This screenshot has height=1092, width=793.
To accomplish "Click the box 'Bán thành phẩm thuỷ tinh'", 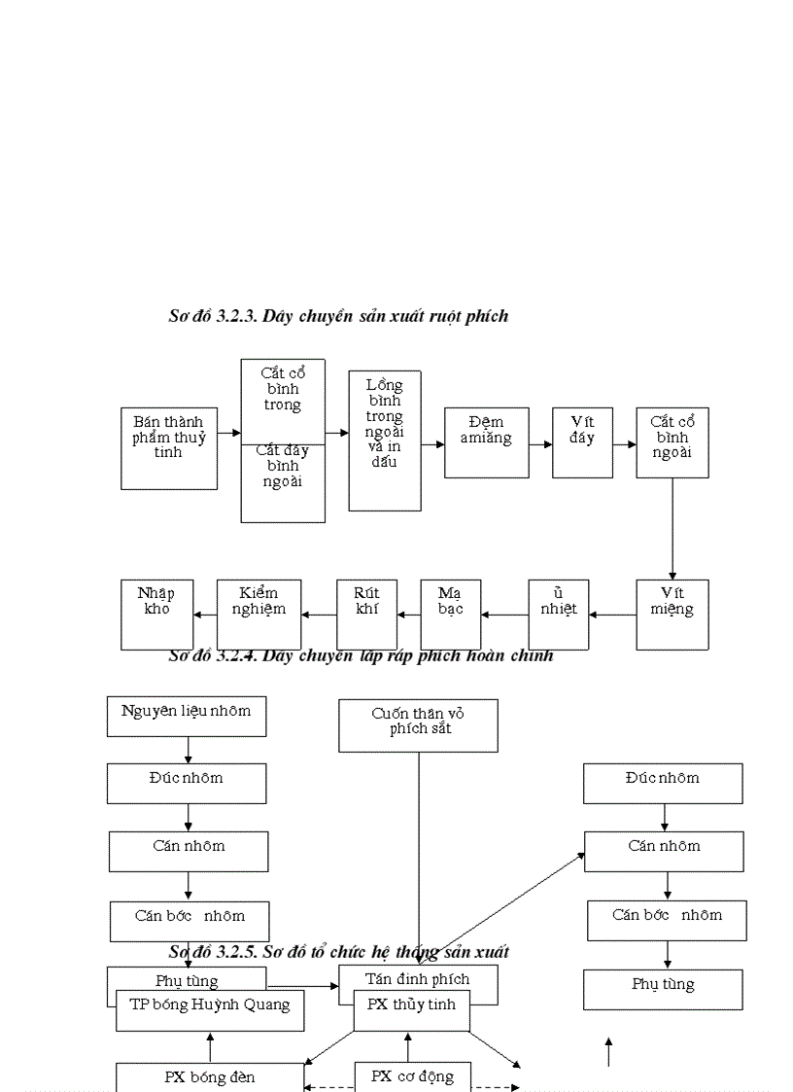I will click(169, 447).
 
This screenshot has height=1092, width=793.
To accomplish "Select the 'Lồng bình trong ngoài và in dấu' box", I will click(385, 440).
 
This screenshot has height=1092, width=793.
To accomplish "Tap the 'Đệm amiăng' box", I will click(486, 441).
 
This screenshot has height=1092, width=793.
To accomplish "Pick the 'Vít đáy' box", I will click(582, 441).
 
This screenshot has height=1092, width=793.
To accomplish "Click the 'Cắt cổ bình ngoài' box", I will click(672, 441).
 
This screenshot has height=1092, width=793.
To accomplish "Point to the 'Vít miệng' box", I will click(672, 615).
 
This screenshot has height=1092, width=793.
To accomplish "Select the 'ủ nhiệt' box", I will click(559, 615).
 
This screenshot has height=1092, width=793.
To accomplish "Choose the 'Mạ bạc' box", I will click(451, 615).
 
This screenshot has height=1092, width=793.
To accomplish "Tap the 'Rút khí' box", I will click(367, 615).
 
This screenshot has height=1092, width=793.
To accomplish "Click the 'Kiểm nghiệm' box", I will click(259, 615).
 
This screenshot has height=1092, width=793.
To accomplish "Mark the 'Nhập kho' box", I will click(155, 615).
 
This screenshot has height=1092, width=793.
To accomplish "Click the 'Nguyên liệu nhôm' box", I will click(187, 716).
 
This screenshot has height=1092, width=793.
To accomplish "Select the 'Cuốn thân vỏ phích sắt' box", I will click(418, 725).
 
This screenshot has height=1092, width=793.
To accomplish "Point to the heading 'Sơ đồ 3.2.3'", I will click(338, 316).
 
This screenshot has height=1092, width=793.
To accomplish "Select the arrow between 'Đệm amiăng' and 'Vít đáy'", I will click(540, 443).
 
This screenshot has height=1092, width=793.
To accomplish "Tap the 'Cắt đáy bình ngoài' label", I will click(283, 467).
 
